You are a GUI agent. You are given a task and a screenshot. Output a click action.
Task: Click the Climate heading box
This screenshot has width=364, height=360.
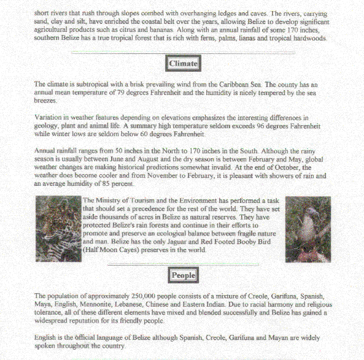click(x=183, y=63)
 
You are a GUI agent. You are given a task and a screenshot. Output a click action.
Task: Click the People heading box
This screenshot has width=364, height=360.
click(x=183, y=275)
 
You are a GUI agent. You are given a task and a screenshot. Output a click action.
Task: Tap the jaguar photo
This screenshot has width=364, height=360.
click(x=57, y=229)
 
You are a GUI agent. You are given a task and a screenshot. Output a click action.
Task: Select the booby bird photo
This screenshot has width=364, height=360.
click(x=308, y=229)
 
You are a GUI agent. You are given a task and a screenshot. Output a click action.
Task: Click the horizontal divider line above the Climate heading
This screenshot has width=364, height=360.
click(x=182, y=53)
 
